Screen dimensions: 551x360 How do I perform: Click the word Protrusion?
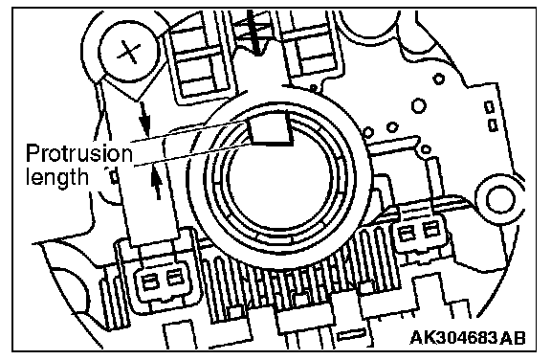[79, 153]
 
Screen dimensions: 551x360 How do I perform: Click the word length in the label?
[57, 176]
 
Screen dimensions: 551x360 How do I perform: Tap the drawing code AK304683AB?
[468, 337]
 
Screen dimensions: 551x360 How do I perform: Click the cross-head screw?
[128, 52]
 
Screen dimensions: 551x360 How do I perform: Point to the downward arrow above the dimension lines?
[144, 119]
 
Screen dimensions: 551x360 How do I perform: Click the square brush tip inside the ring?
[271, 130]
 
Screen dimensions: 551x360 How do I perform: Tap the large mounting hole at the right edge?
[497, 200]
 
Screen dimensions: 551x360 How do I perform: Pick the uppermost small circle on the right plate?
[438, 79]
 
